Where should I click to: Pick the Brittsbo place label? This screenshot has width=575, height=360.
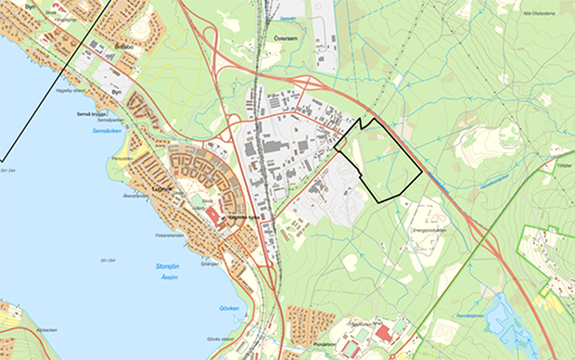[125, 45]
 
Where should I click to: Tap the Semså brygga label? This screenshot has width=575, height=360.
[93, 114]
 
